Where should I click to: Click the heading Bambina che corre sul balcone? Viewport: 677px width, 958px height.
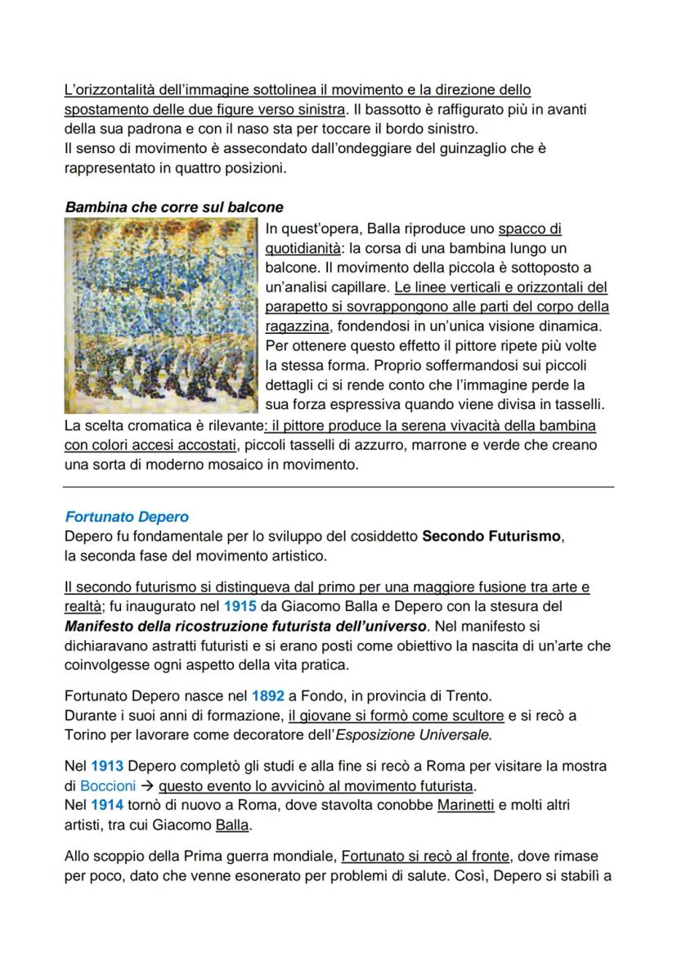point(174,208)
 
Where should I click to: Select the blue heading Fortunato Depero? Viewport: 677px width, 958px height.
point(127,517)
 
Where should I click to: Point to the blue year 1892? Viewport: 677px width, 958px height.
point(267,696)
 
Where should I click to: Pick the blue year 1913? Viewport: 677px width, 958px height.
point(106,767)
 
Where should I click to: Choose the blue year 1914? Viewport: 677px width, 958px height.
point(106,806)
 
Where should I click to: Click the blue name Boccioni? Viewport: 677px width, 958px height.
point(108,786)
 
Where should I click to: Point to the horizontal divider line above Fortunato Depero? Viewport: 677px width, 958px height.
point(338,487)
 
